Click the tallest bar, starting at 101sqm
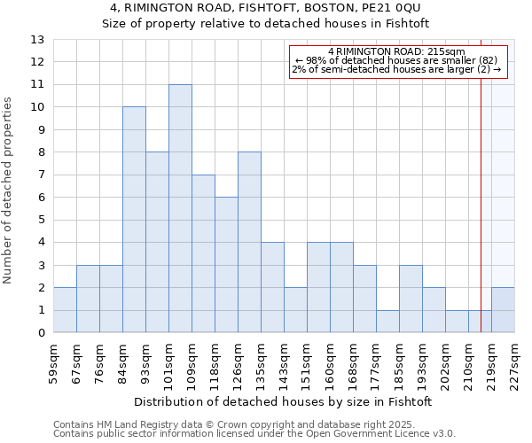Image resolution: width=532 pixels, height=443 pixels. (180, 208)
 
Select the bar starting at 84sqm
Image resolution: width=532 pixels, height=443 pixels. (134, 220)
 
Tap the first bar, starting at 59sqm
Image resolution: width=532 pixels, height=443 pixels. (65, 310)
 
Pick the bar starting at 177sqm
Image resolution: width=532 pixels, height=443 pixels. (387, 322)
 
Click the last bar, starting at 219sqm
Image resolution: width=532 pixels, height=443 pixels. (503, 310)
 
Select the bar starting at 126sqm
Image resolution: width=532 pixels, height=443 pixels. (249, 242)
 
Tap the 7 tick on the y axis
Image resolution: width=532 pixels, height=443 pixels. (40, 175)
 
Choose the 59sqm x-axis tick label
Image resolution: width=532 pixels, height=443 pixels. (53, 361)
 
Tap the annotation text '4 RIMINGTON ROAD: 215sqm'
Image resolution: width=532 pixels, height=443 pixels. (396, 52)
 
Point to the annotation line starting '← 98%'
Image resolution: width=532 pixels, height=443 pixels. (396, 60)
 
